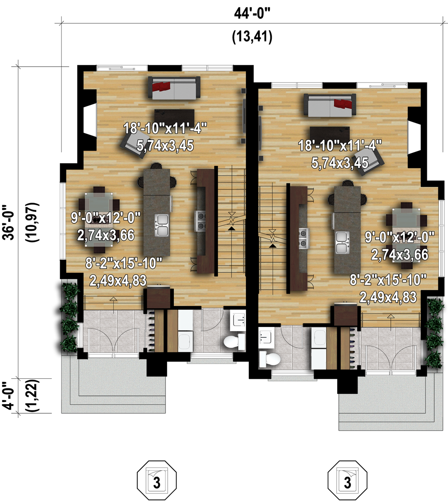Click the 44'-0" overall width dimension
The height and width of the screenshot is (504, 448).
pyautogui.click(x=252, y=13)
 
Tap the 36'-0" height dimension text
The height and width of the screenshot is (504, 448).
pyautogui.click(x=8, y=222)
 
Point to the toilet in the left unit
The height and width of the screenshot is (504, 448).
pyautogui.click(x=234, y=342)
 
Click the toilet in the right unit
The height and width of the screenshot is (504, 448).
pyautogui.click(x=270, y=359)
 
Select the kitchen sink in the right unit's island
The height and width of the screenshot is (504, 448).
pyautogui.click(x=342, y=242)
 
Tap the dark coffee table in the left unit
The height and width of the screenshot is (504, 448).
pyautogui.click(x=174, y=116)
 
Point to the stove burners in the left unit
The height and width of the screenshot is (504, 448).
pyautogui.click(x=200, y=221)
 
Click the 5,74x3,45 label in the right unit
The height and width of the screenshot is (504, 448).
pyautogui.click(x=340, y=163)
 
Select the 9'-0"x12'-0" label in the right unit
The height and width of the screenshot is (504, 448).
pyautogui.click(x=400, y=237)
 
